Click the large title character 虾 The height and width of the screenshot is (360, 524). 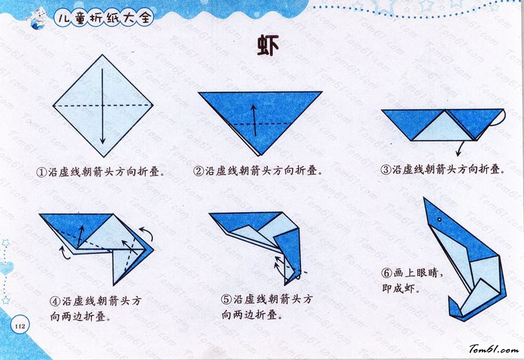(268, 45)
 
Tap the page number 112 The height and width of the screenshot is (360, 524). (20, 326)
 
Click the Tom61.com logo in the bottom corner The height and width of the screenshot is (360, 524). (494, 349)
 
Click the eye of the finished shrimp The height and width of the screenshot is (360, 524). (439, 220)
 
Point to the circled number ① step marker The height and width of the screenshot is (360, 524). (42, 172)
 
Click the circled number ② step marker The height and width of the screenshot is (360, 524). (198, 171)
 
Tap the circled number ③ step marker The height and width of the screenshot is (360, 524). (386, 169)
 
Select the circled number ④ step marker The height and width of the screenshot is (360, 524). (55, 301)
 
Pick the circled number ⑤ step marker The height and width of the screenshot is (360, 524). (227, 299)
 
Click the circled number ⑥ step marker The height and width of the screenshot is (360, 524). (387, 273)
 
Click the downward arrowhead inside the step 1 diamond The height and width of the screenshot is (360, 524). (103, 140)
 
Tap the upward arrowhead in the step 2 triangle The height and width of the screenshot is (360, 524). (254, 109)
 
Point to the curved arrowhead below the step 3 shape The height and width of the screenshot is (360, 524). (459, 153)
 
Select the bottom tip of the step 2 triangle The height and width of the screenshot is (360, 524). (260, 156)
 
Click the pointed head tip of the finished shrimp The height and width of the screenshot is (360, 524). (424, 198)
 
